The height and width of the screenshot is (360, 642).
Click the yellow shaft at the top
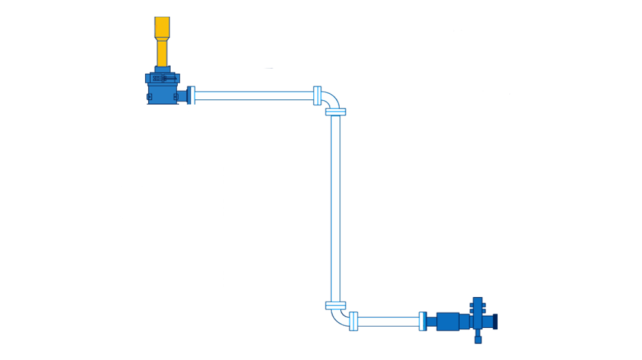click(162, 45)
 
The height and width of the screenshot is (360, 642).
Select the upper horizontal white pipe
click(254, 96)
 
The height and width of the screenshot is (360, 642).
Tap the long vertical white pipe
click(335, 205)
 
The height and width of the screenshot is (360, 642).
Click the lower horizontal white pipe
click(388, 321)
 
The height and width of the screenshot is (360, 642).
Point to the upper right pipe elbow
click(331, 99)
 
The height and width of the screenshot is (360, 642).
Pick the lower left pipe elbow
click(339, 316)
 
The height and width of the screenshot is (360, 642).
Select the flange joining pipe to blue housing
click(191, 96)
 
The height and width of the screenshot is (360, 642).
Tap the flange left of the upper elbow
click(317, 96)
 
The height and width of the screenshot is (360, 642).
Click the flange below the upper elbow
click(335, 112)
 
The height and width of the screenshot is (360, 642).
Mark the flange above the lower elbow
click(335, 305)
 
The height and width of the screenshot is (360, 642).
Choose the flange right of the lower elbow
click(353, 321)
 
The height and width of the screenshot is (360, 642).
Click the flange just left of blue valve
click(422, 321)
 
